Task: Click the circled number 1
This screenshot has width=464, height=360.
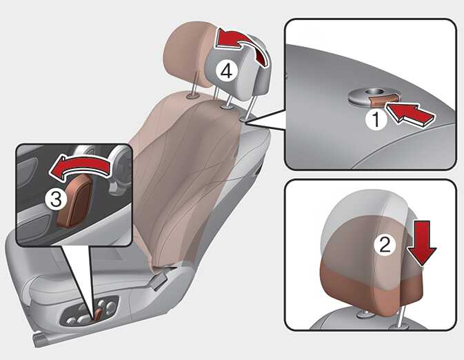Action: pos(376,120)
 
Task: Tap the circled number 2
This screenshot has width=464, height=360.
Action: pos(385,245)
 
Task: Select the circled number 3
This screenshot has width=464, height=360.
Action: pos(55,199)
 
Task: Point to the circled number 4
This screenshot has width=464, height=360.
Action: pos(226,71)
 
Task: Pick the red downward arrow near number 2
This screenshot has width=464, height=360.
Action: pos(421,243)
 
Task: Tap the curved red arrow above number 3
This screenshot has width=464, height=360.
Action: pos(81,168)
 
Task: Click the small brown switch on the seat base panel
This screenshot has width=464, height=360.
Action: pos(99,314)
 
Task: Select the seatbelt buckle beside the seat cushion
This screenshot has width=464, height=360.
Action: pos(159,281)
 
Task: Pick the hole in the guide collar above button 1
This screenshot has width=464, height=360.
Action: pos(371,92)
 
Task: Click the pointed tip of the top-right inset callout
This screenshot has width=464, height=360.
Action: pos(245,123)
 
